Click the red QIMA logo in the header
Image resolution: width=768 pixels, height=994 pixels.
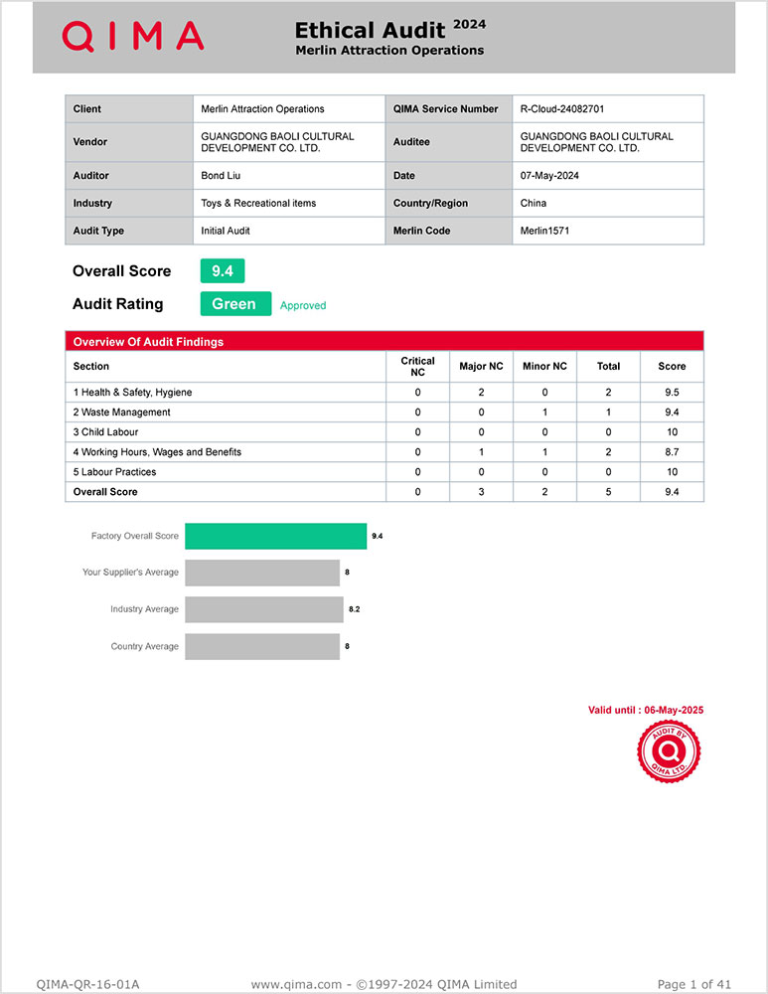tap(133, 37)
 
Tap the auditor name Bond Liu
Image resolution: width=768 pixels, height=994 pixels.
tap(221, 176)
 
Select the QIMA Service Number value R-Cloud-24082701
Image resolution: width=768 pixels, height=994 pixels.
tap(561, 109)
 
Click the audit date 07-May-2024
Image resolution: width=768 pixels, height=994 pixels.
tap(549, 176)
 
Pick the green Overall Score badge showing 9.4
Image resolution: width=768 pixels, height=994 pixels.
tap(223, 270)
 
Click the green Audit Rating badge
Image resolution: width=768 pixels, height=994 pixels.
tap(235, 304)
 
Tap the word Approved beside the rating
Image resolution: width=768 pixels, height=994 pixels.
tap(303, 306)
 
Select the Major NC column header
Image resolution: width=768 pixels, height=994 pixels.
tap(481, 366)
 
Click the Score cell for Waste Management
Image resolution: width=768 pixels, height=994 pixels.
tap(672, 413)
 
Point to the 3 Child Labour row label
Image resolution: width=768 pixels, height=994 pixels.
tap(105, 432)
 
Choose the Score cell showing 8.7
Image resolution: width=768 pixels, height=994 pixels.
tap(672, 452)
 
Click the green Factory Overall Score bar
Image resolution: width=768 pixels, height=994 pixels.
tap(275, 536)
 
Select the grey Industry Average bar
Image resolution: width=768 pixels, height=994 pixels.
tap(263, 609)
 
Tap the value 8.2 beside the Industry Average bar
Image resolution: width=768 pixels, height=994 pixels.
tap(354, 609)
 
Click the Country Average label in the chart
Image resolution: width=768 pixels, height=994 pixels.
tap(144, 647)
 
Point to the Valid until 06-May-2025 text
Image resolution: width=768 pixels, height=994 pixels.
tap(645, 710)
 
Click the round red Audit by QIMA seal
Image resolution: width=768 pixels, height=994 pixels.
tap(668, 751)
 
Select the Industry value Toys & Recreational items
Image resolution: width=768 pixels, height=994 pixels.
tap(258, 203)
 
